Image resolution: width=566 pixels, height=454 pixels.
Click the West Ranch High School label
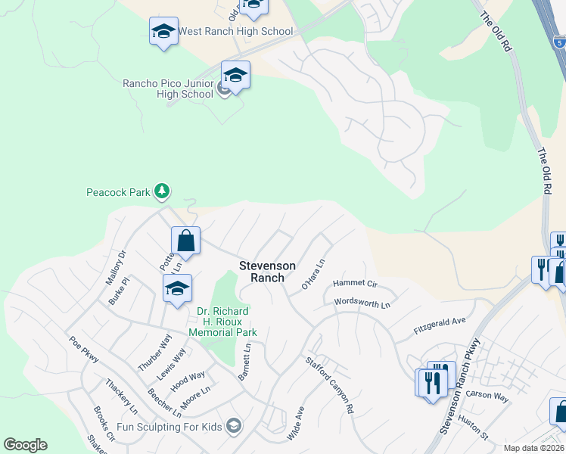(235, 31)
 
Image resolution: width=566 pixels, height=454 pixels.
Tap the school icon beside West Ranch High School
(163, 31)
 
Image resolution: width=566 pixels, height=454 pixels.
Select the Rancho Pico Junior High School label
(168, 89)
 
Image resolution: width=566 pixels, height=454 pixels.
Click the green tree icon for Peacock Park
(161, 191)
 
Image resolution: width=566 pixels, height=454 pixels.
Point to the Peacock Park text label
(118, 192)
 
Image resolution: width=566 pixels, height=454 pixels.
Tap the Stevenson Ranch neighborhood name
(262, 272)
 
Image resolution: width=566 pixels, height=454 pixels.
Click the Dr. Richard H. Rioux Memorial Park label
(222, 322)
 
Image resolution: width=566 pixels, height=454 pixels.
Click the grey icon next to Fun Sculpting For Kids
(233, 426)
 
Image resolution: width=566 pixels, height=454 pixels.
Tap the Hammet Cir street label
(354, 282)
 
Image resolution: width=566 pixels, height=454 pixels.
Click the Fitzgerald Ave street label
(439, 326)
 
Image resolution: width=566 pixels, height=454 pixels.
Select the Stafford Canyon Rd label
(330, 385)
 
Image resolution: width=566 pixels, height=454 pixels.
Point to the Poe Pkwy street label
(83, 350)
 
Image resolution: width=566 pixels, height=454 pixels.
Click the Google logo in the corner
(25, 445)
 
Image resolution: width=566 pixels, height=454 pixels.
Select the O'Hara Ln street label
(313, 274)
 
